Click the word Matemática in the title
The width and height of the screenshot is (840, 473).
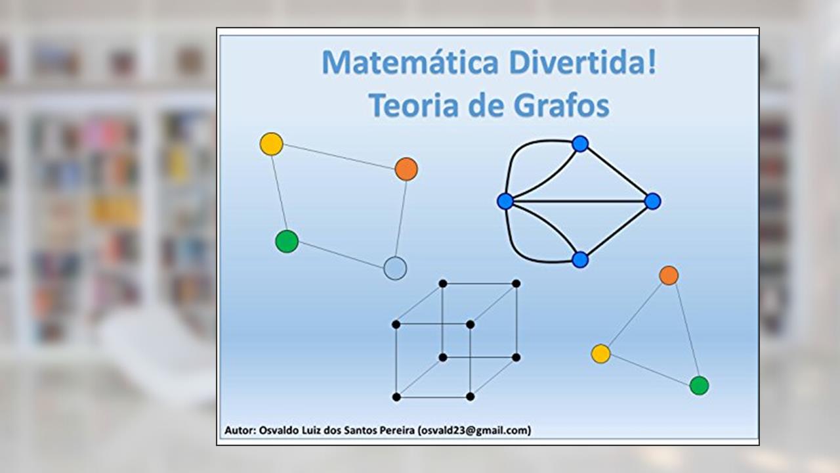(410, 62)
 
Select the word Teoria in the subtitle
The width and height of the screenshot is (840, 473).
(413, 106)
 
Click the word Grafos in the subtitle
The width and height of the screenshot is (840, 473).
(562, 106)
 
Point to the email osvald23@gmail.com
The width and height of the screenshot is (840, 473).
(474, 430)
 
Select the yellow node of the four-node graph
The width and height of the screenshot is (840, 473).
(272, 144)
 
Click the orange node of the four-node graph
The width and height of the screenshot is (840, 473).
(406, 169)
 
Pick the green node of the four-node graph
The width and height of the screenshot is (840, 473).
(287, 241)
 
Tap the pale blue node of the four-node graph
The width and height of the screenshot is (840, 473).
(395, 269)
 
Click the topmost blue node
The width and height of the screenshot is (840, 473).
(580, 144)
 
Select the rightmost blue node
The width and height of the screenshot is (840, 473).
(652, 201)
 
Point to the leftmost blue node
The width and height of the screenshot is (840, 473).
(505, 202)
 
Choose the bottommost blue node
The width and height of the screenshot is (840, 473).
(580, 259)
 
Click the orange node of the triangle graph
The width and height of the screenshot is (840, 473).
(669, 275)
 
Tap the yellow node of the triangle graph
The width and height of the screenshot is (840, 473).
(600, 353)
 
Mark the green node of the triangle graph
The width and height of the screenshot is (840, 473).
(700, 386)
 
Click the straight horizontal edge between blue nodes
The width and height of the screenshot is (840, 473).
(579, 202)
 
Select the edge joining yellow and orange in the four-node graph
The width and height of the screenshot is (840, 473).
(339, 156)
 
